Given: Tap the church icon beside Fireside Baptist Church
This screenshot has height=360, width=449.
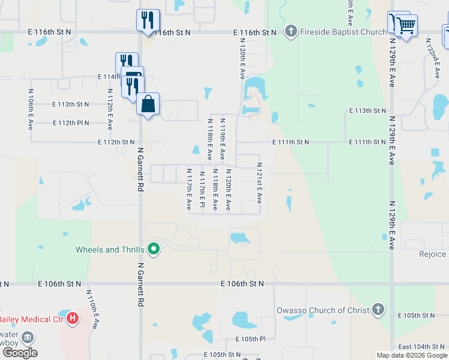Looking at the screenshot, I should (291, 31).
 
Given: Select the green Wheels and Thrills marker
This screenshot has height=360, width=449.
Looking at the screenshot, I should (154, 248).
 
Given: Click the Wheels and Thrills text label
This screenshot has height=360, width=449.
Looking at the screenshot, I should (110, 250).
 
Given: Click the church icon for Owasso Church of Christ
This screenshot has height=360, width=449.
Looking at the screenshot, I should (378, 310).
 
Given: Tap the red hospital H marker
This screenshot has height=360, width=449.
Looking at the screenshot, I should (73, 318).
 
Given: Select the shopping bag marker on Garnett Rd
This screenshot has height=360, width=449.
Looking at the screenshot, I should (148, 104).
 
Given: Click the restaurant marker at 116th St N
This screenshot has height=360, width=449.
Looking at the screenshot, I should (148, 20).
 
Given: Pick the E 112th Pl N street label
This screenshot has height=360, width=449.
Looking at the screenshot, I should (71, 123).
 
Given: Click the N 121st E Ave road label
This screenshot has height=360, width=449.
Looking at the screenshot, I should (259, 183).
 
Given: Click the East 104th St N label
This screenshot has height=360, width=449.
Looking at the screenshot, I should (421, 347).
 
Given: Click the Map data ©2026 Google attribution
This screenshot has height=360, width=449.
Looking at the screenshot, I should (412, 355).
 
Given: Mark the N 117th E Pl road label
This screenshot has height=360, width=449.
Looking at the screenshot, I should (202, 190).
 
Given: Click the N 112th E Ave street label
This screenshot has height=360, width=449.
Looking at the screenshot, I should (109, 109).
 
